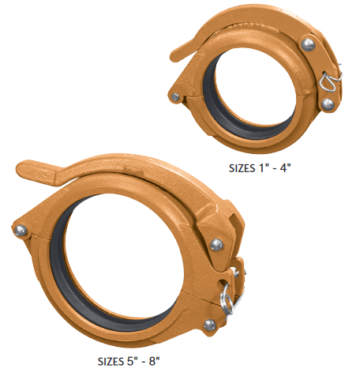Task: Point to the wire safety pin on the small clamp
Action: pos(332,80)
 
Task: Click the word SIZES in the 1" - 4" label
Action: pos(241,167)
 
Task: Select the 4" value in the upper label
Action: pos(291,167)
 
